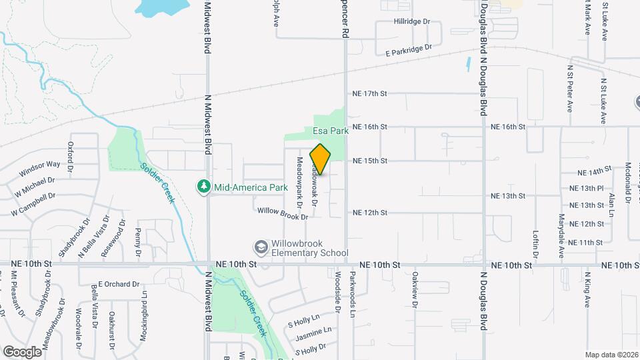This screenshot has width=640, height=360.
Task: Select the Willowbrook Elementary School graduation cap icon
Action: pos(261,248)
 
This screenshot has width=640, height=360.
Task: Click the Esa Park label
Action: pos(331,131)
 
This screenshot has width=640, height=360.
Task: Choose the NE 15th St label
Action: pos(370,161)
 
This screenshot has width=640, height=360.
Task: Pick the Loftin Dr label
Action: pos(535,244)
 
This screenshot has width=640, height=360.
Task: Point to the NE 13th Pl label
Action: pos(587,188)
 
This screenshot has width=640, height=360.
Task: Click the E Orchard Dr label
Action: pos(118,284)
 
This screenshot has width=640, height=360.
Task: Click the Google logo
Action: pos(22,351)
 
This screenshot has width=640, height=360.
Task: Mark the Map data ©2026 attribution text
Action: pos(611,355)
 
